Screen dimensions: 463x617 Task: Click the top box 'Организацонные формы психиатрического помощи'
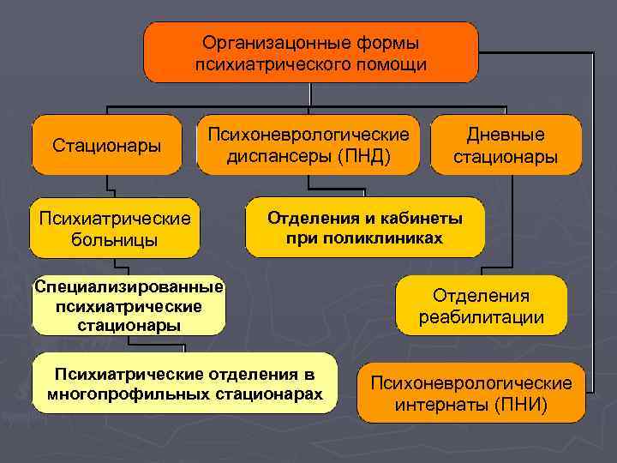(310, 52)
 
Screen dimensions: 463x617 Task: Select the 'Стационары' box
(107, 145)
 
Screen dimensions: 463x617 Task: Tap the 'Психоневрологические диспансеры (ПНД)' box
(308, 145)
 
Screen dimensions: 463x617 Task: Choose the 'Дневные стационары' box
(506, 145)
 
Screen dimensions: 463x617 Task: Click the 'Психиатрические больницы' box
(114, 228)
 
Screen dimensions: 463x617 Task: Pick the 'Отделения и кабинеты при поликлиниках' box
(364, 228)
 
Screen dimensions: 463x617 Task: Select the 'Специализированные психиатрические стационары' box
(129, 305)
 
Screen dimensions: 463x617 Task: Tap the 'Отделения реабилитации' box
(481, 306)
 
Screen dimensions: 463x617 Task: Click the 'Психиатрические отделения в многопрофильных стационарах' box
(185, 385)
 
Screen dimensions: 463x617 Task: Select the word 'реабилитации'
(481, 317)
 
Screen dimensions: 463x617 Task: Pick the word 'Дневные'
(506, 135)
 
